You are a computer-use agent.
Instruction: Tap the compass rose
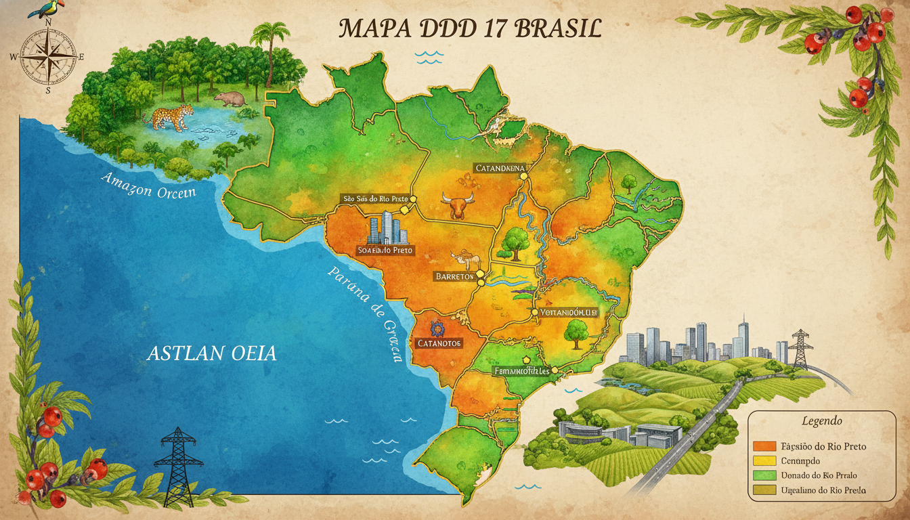(48, 56)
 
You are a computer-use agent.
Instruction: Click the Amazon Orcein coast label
(148, 186)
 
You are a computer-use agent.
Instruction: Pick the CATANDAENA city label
(500, 167)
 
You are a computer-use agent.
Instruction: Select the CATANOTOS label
(438, 343)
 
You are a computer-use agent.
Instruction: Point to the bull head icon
(456, 204)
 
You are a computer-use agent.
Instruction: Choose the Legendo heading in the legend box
(821, 421)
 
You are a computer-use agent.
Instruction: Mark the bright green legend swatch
(763, 475)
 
